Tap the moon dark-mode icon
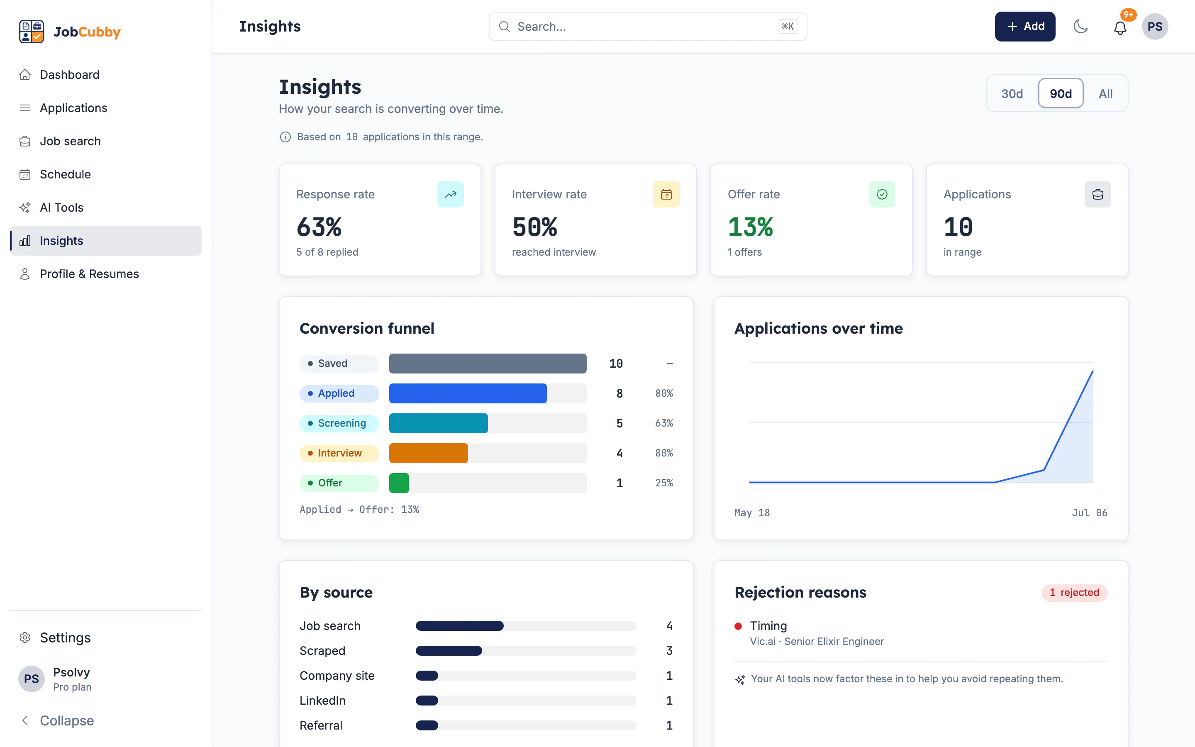(1081, 26)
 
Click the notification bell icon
(1120, 28)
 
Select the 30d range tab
(1012, 93)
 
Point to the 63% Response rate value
(319, 227)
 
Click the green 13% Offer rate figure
(750, 227)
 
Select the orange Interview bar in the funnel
(428, 453)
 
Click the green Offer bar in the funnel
(399, 483)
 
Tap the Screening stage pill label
(339, 423)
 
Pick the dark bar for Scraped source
(449, 651)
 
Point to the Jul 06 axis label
(1089, 513)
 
